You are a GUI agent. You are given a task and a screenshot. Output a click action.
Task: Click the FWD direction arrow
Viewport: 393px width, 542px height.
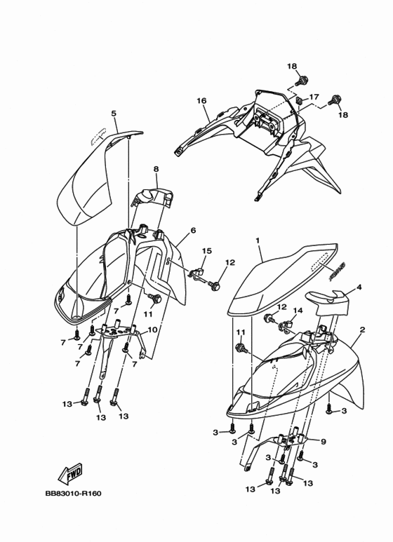(x=70, y=473)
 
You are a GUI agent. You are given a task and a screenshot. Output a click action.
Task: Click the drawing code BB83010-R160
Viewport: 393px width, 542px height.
(x=74, y=493)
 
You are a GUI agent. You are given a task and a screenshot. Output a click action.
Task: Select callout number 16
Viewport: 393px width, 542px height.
(x=201, y=100)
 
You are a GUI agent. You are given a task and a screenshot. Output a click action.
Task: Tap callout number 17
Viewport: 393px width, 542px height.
(x=314, y=97)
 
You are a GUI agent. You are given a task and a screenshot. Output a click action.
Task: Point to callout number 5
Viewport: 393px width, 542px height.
(x=114, y=113)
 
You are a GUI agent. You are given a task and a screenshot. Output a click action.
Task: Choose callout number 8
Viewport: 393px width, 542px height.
(x=156, y=170)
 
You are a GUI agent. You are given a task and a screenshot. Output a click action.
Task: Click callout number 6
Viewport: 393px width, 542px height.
(x=193, y=230)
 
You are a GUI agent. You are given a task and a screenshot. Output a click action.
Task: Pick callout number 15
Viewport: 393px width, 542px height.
(x=207, y=250)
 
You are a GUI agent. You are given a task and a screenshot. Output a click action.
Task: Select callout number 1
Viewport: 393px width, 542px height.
(x=258, y=240)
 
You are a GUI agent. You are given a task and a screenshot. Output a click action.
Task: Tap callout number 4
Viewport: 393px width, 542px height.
(x=359, y=287)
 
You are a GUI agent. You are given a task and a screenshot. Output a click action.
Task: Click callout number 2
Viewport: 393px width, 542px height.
(x=362, y=330)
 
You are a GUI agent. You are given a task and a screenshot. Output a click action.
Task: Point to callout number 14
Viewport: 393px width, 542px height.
(x=298, y=311)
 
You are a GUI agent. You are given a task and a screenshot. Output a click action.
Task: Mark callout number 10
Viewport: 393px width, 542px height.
(x=152, y=330)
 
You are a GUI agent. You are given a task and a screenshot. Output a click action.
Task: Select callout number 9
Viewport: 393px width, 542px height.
(x=324, y=442)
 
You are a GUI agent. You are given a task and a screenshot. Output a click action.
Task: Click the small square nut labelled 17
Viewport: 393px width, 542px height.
(x=300, y=101)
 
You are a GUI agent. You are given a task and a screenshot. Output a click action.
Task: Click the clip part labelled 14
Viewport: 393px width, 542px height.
(x=284, y=325)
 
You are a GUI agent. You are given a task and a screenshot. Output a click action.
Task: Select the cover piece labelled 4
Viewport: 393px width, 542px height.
(x=328, y=299)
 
